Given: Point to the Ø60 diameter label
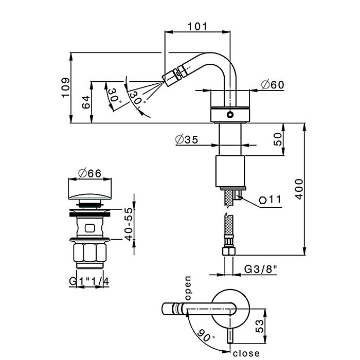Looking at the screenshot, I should (273, 85).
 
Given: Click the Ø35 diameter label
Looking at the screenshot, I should (186, 140).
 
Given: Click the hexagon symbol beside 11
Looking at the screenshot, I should (263, 200).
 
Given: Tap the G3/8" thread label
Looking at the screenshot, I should (261, 269).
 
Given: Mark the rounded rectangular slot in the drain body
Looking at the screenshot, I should (89, 227).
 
